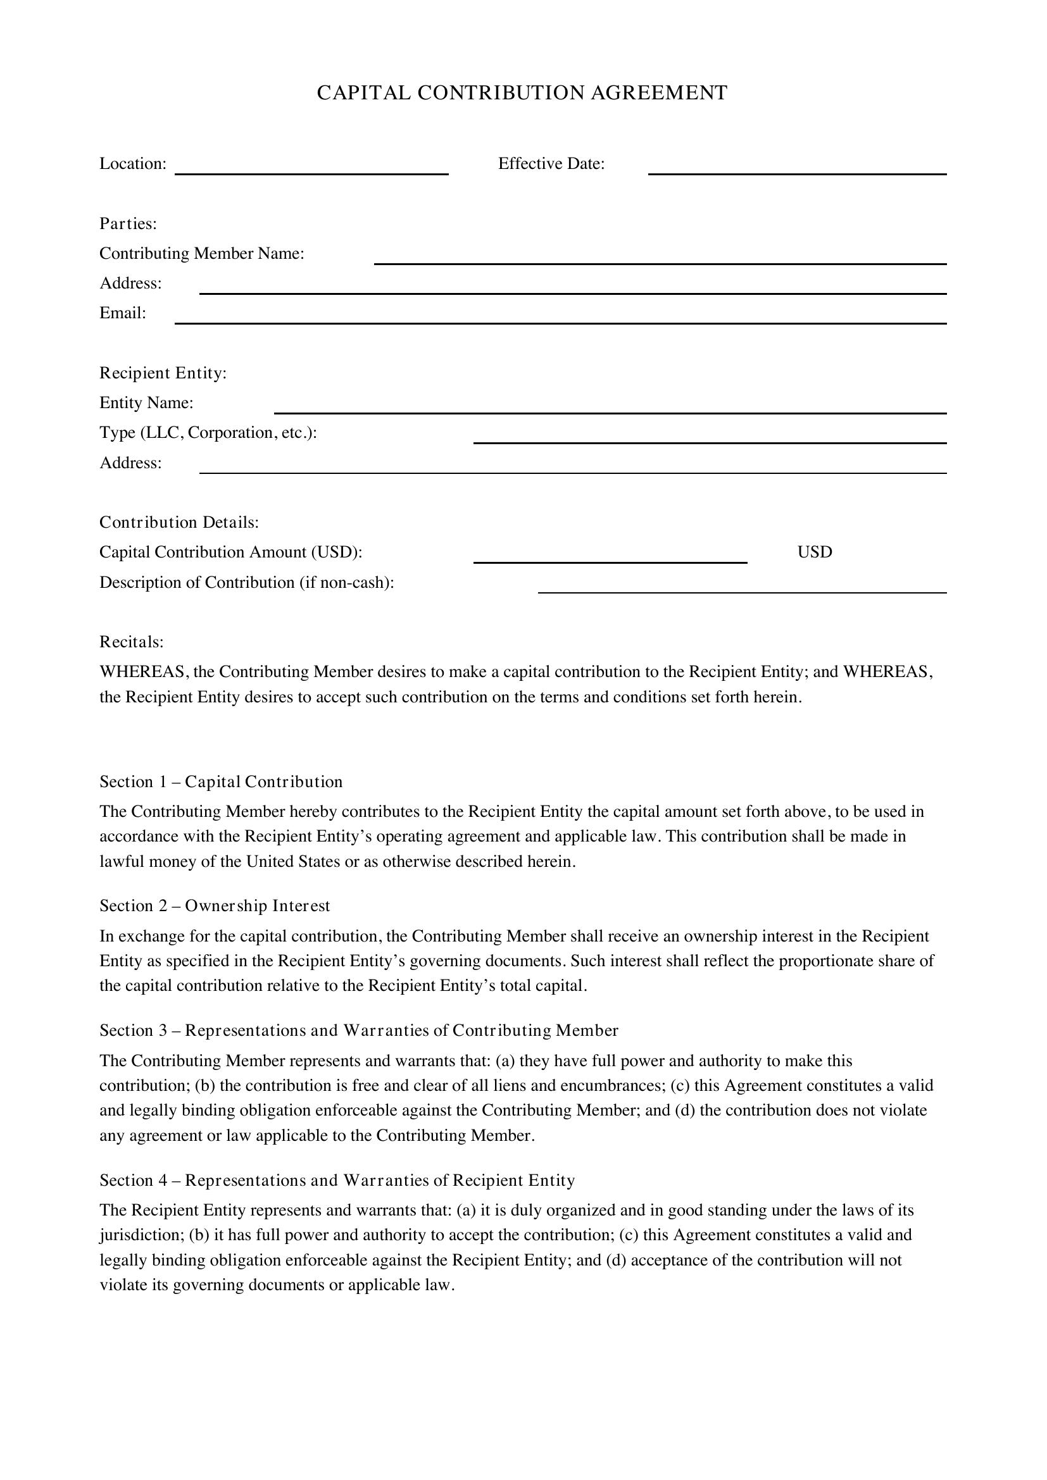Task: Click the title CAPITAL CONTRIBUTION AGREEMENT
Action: click(522, 93)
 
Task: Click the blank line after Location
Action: click(311, 169)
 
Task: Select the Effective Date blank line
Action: click(797, 169)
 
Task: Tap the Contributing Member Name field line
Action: click(660, 259)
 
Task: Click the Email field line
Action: click(560, 318)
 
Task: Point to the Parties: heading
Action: click(129, 223)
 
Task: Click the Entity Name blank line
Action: click(610, 408)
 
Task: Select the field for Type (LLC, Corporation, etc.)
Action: click(710, 438)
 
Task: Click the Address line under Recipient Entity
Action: click(572, 468)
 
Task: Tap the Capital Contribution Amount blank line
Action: click(610, 557)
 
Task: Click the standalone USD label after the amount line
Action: click(814, 552)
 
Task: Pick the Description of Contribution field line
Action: click(742, 588)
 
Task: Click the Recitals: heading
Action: click(132, 642)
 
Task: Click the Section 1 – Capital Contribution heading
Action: click(221, 782)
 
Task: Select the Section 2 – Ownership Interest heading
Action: click(215, 906)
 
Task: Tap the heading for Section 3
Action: click(358, 1031)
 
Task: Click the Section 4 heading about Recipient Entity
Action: click(337, 1180)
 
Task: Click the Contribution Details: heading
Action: click(179, 522)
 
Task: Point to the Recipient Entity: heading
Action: click(163, 373)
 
